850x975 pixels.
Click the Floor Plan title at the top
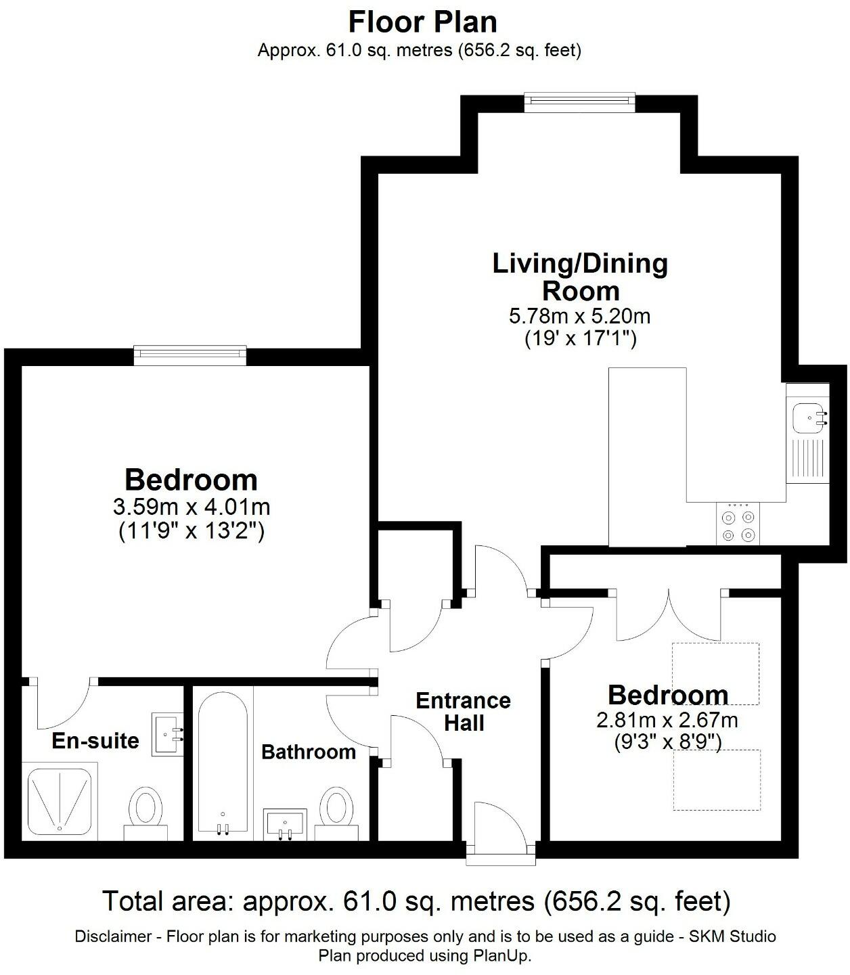coord(422,22)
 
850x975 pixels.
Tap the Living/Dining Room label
coord(580,277)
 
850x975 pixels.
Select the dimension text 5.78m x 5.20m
coord(579,316)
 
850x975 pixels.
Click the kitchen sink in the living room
coord(807,417)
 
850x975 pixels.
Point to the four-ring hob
coord(738,525)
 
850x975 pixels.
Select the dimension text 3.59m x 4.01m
coord(192,506)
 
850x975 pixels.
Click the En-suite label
coord(95,740)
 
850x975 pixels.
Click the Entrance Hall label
coord(464,711)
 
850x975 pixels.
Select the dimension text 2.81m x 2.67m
coord(667,720)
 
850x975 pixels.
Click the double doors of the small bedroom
coord(669,616)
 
